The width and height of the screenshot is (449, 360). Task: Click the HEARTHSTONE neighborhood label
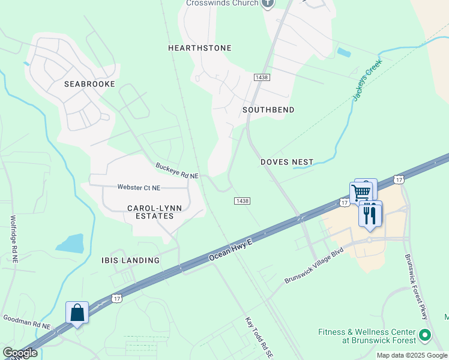pos(199,48)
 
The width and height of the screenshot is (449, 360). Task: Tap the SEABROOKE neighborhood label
pos(89,85)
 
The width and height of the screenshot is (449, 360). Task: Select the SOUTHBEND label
pos(268,110)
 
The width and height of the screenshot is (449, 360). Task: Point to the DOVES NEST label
pos(287,162)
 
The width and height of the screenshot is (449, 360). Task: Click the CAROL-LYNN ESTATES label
pos(150,212)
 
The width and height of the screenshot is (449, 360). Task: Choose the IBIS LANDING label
pos(130,260)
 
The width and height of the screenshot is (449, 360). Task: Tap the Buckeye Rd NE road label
pos(176,171)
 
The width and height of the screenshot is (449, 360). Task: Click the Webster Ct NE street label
pos(139,188)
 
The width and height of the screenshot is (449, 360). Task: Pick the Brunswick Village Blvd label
pos(313,265)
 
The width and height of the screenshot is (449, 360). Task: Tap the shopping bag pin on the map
pos(77,313)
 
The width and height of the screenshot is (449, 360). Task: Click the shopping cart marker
pos(361,193)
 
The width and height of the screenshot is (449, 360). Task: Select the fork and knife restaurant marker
pos(370,214)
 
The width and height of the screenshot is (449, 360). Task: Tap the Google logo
pos(19,353)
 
